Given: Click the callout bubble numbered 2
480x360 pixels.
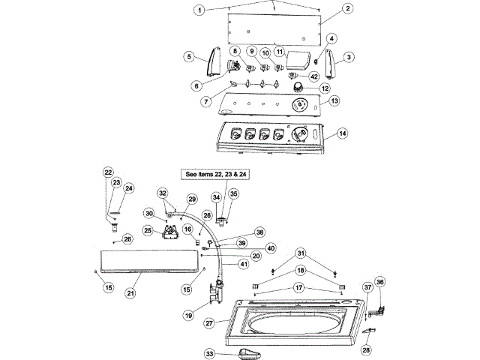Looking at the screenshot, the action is click(348, 8).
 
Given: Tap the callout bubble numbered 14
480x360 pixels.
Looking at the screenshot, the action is click(343, 133).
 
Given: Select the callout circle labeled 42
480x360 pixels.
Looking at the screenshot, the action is click(314, 76).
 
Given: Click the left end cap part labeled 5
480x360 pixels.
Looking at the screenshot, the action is click(214, 61).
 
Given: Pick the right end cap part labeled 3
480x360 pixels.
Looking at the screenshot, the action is click(330, 63).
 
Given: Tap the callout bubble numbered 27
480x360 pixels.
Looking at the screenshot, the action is click(209, 323).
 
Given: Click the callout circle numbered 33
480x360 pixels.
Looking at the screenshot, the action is click(209, 354).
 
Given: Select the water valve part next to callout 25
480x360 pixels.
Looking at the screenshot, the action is click(170, 232).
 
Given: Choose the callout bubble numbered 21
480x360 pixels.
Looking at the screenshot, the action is click(130, 293).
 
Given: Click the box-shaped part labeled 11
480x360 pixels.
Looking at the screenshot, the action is click(298, 61).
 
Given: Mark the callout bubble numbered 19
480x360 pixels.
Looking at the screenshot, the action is click(188, 315).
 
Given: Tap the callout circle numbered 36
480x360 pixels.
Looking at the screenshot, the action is click(380, 282).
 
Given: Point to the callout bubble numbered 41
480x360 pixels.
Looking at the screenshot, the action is click(244, 264).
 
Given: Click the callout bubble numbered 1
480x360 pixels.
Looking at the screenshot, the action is click(199, 10).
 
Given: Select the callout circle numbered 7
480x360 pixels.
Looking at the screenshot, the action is click(206, 101).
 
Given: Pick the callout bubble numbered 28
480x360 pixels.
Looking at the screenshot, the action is click(366, 349).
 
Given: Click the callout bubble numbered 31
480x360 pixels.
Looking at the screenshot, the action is click(301, 253).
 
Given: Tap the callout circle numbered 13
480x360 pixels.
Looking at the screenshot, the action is click(334, 100).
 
